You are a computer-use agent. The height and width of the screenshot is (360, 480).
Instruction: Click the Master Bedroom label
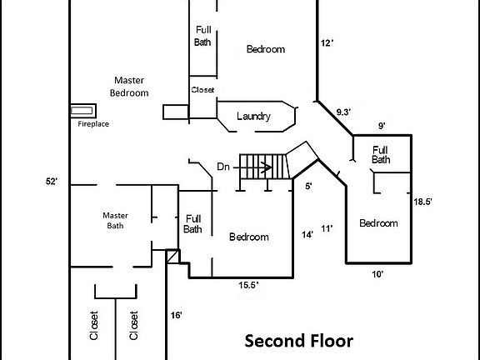coord(130,86)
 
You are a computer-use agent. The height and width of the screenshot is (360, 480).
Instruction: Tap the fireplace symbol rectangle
coord(82,110)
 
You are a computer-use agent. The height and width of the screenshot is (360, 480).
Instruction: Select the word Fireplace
coord(93,124)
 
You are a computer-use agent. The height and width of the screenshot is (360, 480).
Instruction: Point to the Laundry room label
coord(253,117)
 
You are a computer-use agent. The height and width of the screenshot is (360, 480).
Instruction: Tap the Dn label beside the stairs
coord(222,167)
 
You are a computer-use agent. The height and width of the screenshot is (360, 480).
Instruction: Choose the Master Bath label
coord(115,220)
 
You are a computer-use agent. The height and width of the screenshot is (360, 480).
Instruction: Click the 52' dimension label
coord(52,181)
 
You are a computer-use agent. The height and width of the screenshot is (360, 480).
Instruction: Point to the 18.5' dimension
coord(425,202)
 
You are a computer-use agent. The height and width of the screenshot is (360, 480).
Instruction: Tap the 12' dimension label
coord(327,42)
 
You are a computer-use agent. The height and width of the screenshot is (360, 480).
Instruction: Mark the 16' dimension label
coord(176,315)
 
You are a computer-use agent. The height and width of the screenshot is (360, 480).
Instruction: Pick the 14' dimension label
coord(307,235)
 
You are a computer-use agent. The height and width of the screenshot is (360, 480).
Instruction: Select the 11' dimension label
coord(327,227)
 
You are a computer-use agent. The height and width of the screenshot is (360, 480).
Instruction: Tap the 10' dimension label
coord(377,273)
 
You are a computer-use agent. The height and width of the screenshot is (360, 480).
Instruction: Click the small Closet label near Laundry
coord(202,89)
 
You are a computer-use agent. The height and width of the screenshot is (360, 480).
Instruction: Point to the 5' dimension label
coord(308,187)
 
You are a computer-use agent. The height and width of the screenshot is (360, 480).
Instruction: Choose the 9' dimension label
coord(381,126)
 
